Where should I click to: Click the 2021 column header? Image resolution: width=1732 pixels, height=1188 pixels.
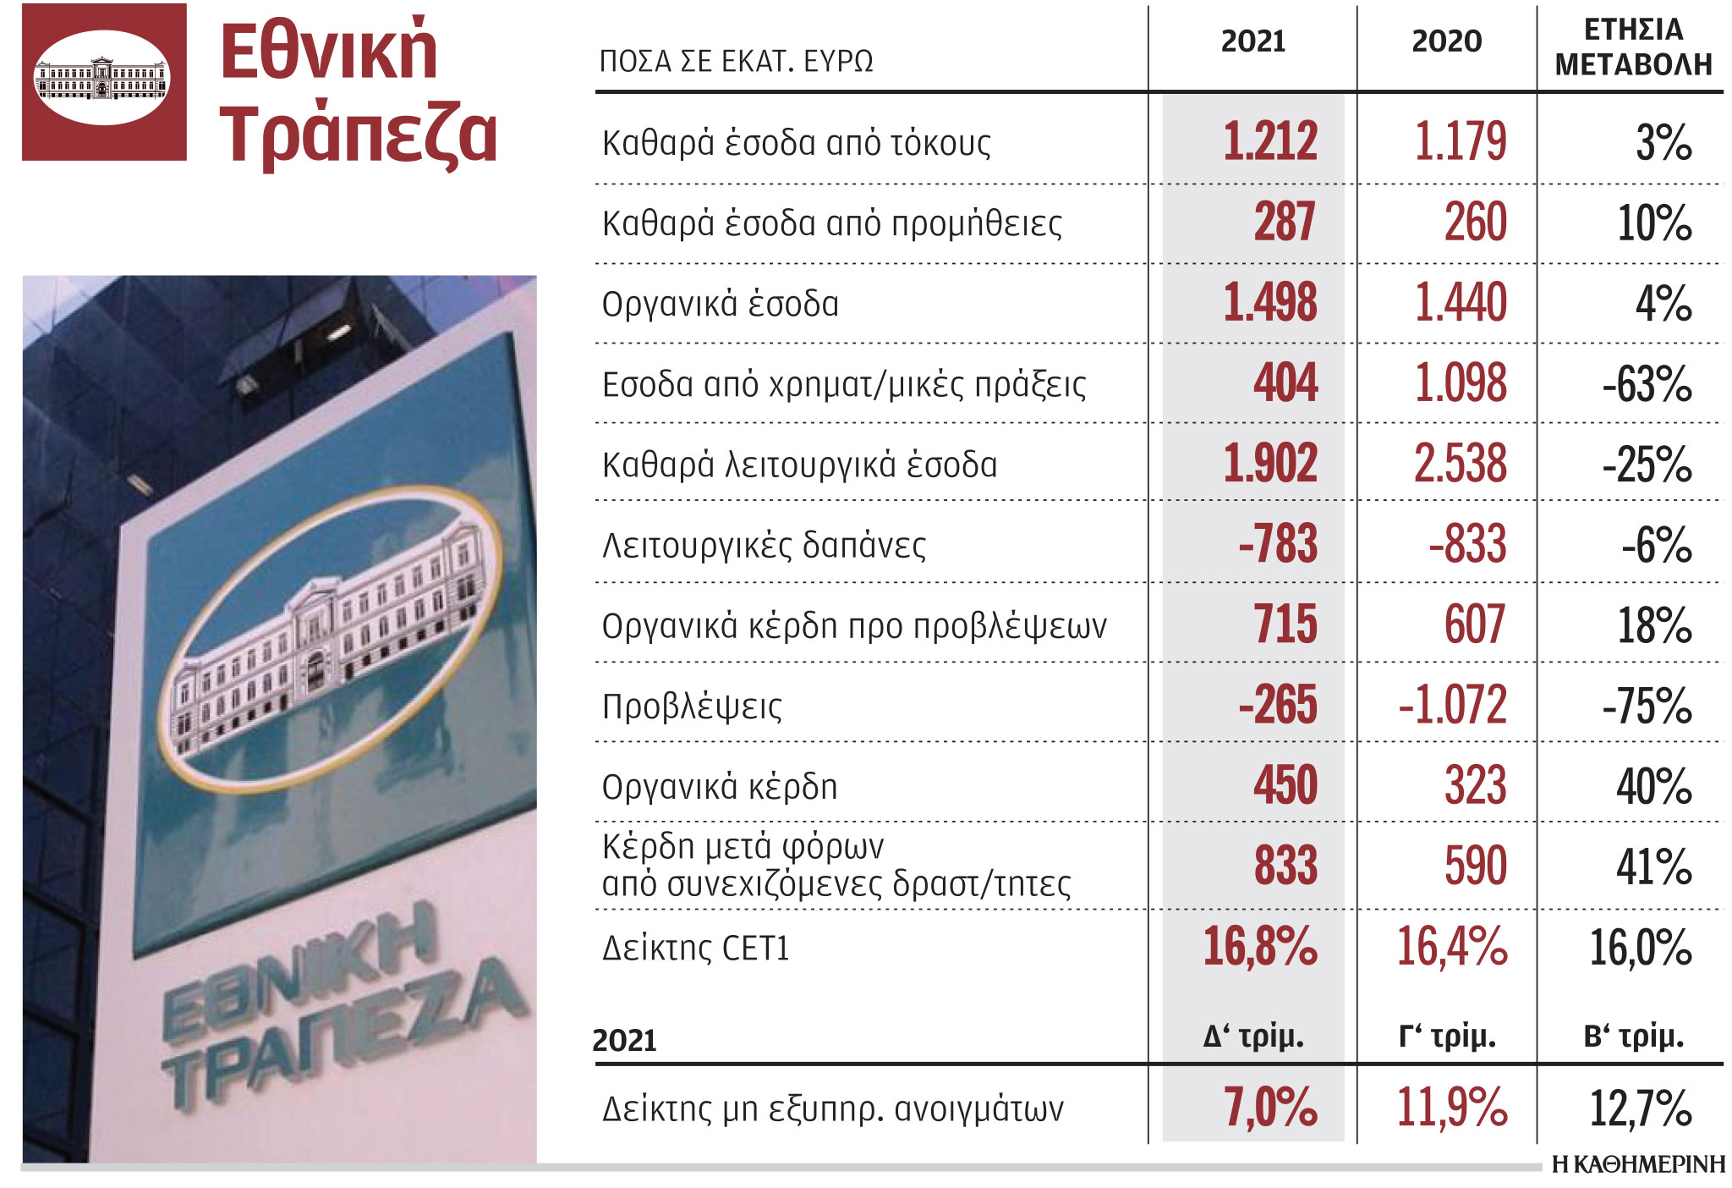coord(1252,41)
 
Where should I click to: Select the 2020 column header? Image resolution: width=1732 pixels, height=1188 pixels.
coord(1446,41)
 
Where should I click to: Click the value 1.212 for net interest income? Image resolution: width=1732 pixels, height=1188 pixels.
coord(1269,141)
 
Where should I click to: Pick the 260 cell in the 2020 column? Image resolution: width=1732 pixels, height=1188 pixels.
coord(1475,222)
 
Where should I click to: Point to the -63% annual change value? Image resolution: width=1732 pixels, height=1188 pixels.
coord(1647,384)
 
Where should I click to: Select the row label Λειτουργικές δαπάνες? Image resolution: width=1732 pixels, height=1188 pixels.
coord(764,545)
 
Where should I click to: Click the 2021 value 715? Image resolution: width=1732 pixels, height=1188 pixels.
coord(1285,624)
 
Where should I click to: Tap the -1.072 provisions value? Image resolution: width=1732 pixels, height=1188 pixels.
coord(1452,704)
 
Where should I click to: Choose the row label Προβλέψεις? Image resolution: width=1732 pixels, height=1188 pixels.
coord(692,706)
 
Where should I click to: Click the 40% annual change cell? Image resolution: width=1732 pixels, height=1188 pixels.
coord(1653,786)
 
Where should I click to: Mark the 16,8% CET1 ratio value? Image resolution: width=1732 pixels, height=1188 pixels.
coord(1259,946)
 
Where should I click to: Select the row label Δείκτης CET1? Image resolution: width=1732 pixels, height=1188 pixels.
coord(695,948)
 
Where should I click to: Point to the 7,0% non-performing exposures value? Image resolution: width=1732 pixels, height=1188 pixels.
coord(1269,1107)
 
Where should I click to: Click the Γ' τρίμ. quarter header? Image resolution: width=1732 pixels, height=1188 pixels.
coord(1447,1036)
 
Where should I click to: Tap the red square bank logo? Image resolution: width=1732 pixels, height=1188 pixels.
coord(104,82)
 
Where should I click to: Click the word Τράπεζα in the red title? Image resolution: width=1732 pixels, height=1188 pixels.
coord(359,134)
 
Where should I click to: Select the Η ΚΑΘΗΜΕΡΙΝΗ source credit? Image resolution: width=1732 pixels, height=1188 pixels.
coord(1638,1165)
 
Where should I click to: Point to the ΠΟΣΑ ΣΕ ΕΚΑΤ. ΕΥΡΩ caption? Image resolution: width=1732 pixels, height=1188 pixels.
coord(736,61)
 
